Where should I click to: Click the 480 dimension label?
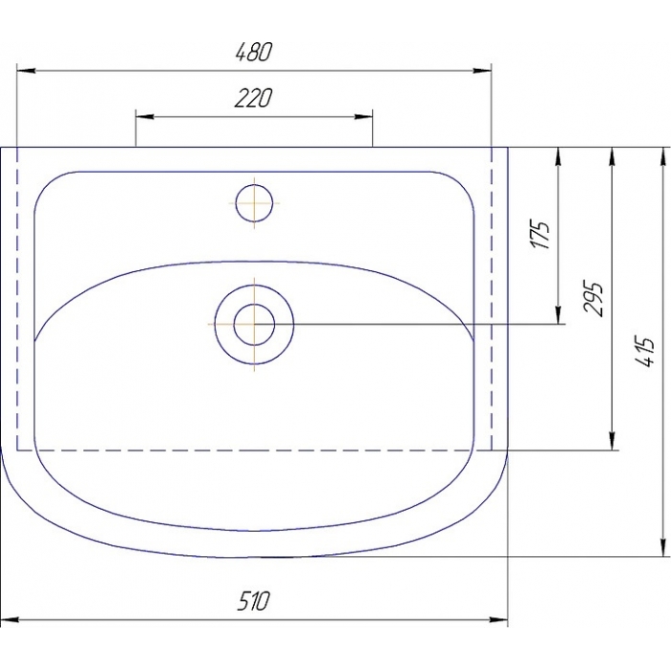[254, 52]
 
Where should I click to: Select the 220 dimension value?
[253, 98]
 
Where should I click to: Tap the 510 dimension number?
[253, 601]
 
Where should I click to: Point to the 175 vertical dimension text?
[540, 235]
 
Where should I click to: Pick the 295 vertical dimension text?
[593, 299]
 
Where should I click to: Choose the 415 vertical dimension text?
[646, 352]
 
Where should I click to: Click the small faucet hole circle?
[254, 203]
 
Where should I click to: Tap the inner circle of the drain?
[254, 324]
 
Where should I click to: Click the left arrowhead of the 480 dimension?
[26, 71]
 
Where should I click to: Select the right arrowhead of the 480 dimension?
[482, 71]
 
